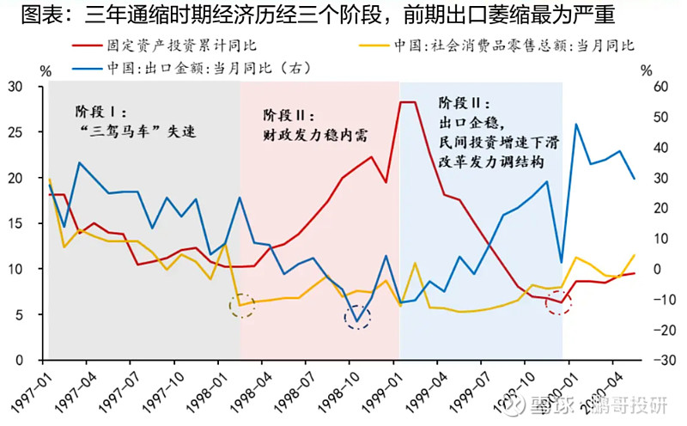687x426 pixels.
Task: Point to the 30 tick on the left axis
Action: pos(15,87)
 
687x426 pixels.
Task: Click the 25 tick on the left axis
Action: pos(15,132)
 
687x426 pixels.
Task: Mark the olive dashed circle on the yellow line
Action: pos(242,306)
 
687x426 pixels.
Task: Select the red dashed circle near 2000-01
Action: pos(559,302)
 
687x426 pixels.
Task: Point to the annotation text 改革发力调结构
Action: pos(493,161)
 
